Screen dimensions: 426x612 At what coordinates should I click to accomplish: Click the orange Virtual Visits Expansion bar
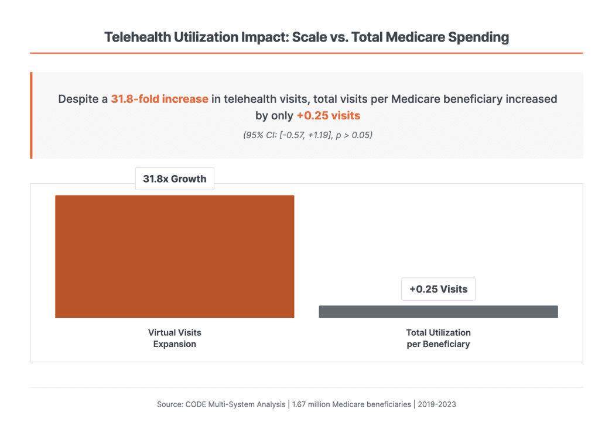coord(175,256)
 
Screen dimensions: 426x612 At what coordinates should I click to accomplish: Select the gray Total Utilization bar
coord(438,311)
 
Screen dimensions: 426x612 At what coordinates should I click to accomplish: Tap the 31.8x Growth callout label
coord(175,178)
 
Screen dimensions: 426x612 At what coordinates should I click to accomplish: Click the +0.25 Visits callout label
coord(438,289)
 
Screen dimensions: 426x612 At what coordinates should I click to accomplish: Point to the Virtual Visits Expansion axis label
coord(175,338)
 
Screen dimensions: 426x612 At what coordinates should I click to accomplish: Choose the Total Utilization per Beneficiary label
coord(438,338)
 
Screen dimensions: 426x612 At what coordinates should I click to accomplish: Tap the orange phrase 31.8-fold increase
coord(159,99)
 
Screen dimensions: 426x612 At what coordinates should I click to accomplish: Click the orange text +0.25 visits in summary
coord(328,115)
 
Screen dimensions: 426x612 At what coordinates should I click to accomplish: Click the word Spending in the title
coord(479,37)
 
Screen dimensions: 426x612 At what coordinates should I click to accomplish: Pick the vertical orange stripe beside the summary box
coord(31,115)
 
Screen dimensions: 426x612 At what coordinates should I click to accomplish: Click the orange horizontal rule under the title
coord(306,53)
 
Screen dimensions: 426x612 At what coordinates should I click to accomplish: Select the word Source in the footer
coord(169,404)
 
